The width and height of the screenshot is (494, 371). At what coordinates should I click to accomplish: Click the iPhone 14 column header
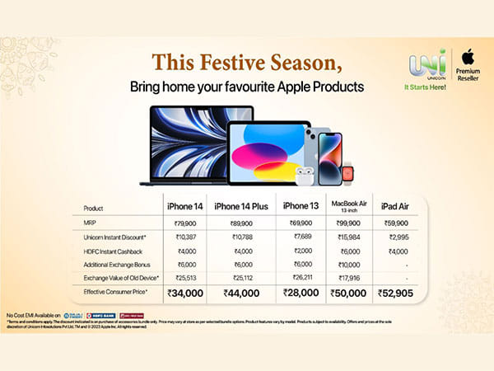[184, 205]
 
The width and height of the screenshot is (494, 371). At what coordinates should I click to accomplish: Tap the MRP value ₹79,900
[184, 223]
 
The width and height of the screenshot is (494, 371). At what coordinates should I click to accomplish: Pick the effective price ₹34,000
[184, 293]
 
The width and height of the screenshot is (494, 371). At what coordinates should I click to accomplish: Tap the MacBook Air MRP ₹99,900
[345, 223]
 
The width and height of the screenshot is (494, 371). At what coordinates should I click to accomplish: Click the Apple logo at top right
[468, 57]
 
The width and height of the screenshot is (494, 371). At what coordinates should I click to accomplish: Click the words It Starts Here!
[425, 86]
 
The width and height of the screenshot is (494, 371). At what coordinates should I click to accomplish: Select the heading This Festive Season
[246, 63]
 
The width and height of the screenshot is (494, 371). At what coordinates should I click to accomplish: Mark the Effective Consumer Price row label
[115, 293]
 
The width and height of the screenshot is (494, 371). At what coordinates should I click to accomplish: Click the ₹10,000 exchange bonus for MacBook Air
[345, 265]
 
